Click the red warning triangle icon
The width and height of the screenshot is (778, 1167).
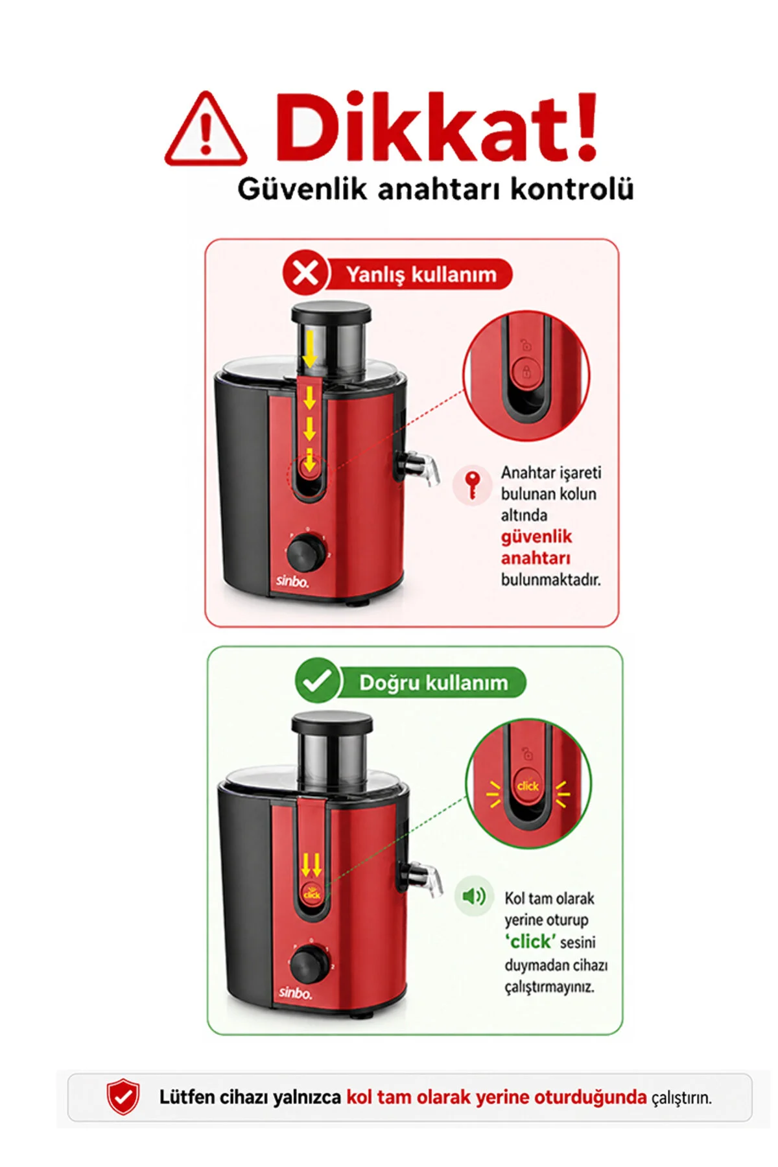click(206, 130)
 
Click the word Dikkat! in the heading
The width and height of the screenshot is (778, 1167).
click(436, 127)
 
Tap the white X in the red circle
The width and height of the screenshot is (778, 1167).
click(305, 273)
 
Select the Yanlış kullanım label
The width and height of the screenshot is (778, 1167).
click(421, 274)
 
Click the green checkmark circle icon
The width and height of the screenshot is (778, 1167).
click(317, 681)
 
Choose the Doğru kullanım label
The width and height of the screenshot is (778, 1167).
click(433, 683)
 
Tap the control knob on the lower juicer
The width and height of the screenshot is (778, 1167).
click(309, 964)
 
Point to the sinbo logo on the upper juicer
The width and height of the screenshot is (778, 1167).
click(292, 581)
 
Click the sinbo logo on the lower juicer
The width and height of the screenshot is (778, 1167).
click(295, 992)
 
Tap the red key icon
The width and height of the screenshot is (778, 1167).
click(473, 485)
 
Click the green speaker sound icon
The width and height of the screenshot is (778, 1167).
click(474, 896)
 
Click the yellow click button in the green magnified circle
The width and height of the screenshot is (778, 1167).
click(528, 785)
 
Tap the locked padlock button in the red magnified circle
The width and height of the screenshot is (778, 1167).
click(526, 373)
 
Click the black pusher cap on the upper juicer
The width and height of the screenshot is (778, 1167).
click(331, 313)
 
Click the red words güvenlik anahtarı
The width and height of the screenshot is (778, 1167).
click(536, 547)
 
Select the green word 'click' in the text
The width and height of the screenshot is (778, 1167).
click(530, 941)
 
